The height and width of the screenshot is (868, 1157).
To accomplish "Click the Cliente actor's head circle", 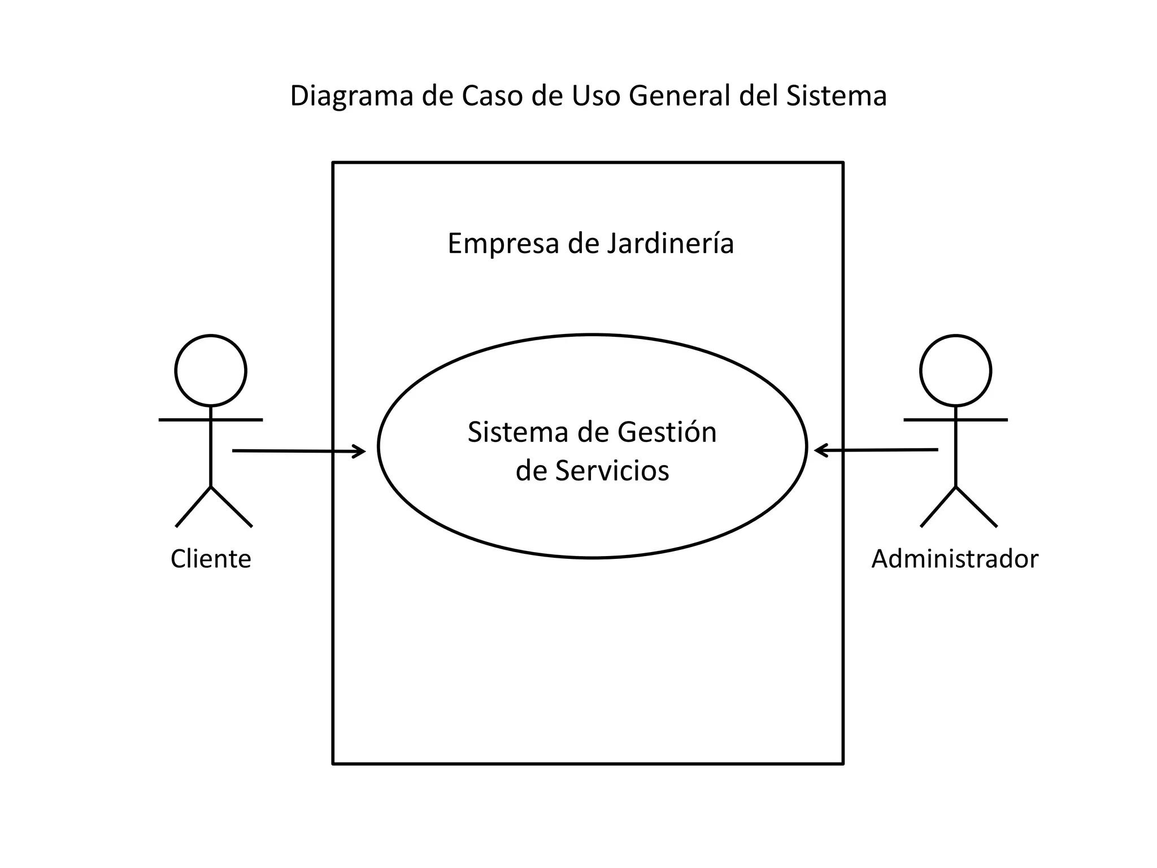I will point(211,371).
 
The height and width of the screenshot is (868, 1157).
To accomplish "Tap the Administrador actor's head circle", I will point(955,371).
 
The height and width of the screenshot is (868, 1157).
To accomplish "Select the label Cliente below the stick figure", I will point(211,559).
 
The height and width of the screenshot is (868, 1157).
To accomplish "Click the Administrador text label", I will point(955,559).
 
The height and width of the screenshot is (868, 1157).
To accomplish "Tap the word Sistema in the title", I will point(836,96).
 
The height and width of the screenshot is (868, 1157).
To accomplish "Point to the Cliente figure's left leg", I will point(193,507).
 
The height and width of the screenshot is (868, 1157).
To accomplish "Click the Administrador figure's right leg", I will point(976,507).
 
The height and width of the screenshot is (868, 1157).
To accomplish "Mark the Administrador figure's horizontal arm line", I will point(983,420).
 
